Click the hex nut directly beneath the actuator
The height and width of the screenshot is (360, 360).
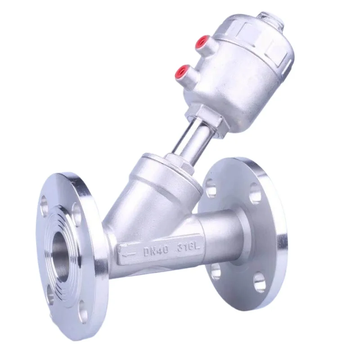204,113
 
